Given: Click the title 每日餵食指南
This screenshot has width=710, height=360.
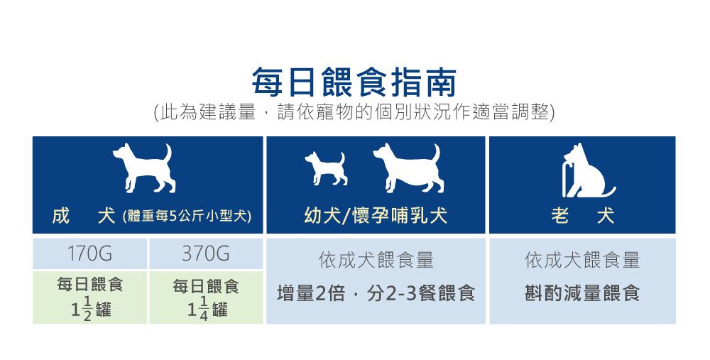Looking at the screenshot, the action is pos(354,82).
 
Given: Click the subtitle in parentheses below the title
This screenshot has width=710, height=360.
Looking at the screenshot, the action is pos(354,112).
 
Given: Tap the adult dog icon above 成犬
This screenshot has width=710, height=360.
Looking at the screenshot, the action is pos(144,167).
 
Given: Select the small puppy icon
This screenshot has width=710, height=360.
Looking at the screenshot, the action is pos(326,168).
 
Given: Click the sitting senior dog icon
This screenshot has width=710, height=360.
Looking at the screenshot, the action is pos(589,170).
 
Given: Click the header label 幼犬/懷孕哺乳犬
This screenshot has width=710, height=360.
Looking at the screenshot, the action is pos(376,215).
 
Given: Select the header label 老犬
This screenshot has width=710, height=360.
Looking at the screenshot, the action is pos(582,215).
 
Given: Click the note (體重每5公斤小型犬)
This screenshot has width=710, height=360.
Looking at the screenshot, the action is pos(187,216).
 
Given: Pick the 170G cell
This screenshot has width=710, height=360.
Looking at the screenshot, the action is pos(89,253).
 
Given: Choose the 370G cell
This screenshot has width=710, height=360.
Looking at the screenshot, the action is pos(206,253).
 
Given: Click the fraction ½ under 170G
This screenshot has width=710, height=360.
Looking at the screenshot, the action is pos(87,309).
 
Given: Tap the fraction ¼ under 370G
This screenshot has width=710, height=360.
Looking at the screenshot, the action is pos(204,309).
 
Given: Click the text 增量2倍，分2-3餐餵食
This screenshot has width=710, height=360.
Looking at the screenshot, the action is pos(376,293).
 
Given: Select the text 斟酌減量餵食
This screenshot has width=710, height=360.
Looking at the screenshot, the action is pos(582,293).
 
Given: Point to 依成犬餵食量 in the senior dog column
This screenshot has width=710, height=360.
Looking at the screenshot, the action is pos(582,260).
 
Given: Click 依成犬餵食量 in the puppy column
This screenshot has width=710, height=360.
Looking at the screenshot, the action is pos(376,260).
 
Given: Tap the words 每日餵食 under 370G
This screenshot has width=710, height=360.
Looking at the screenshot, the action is pos(206,286).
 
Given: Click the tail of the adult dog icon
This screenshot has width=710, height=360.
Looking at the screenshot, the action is pos(168,154).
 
